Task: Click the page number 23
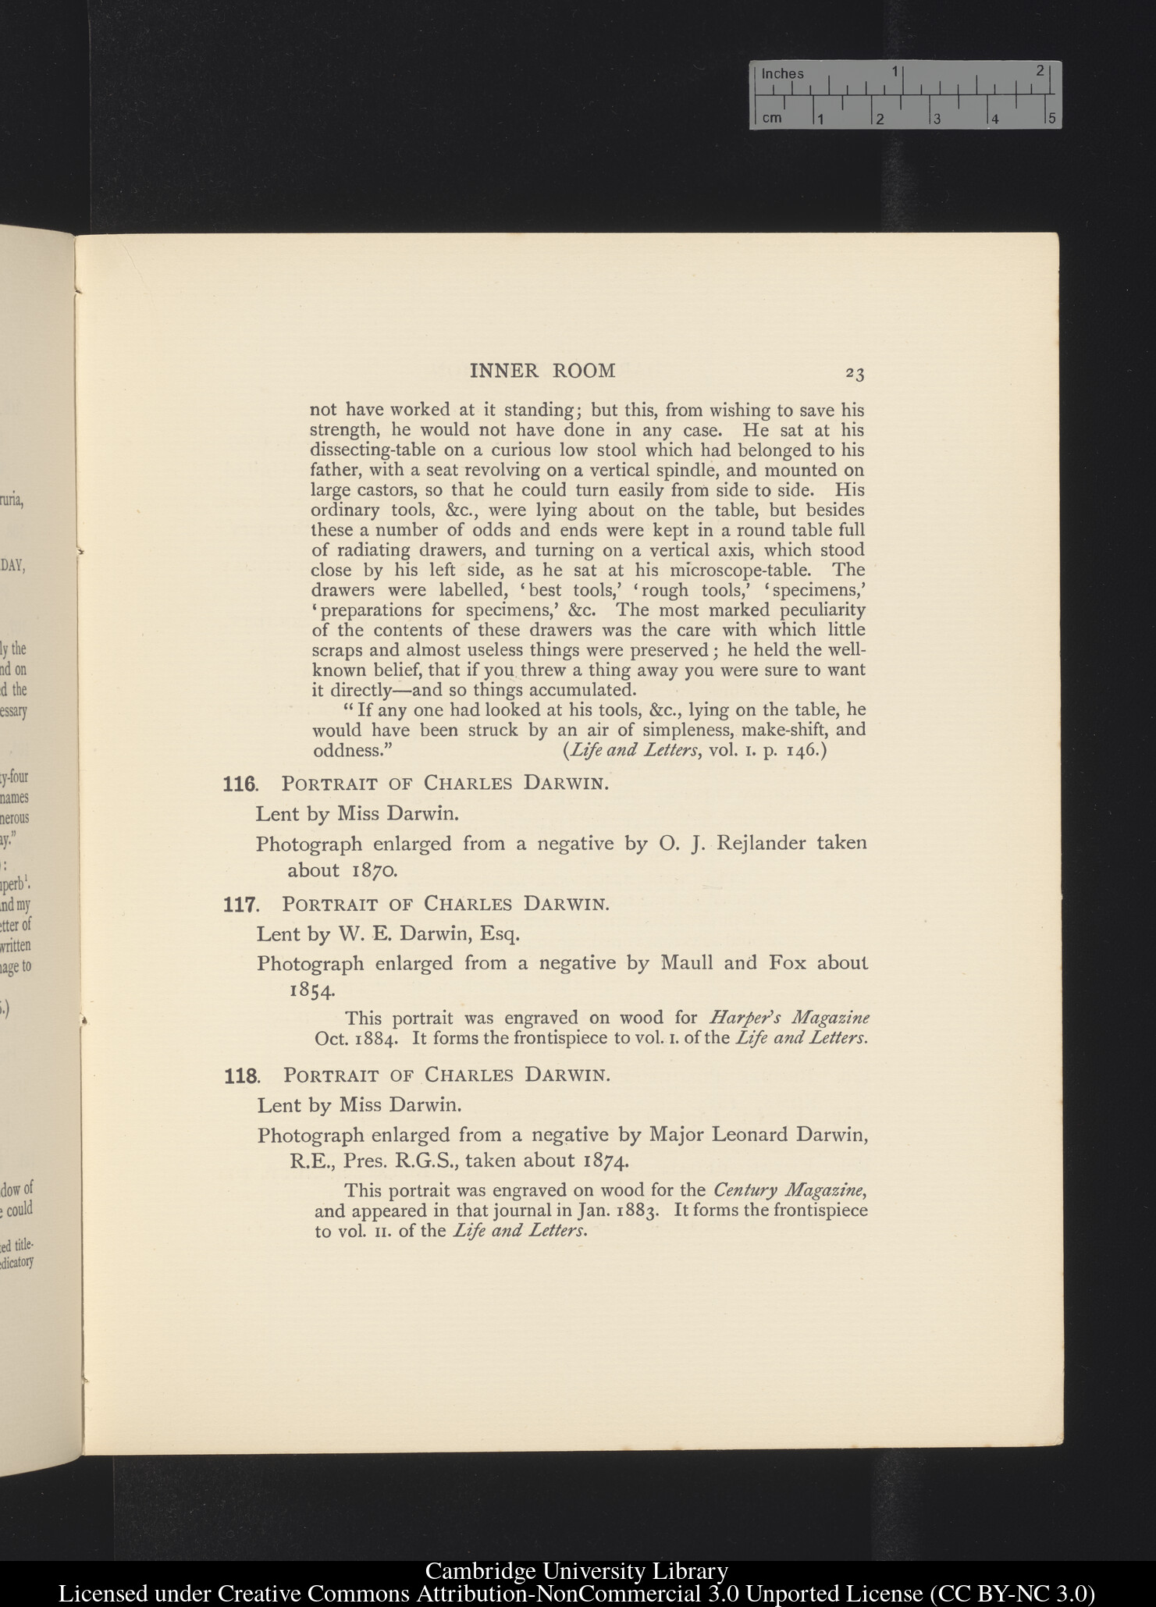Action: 855,374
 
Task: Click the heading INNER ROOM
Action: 542,371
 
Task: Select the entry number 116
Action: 240,784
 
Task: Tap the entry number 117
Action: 240,905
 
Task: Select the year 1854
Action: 312,990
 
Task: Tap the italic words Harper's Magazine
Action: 790,1018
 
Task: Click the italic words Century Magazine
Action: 788,1190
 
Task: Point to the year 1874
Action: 606,1161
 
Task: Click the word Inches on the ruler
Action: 782,74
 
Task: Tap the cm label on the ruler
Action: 771,118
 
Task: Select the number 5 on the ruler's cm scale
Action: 1051,119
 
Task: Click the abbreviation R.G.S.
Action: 427,1161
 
